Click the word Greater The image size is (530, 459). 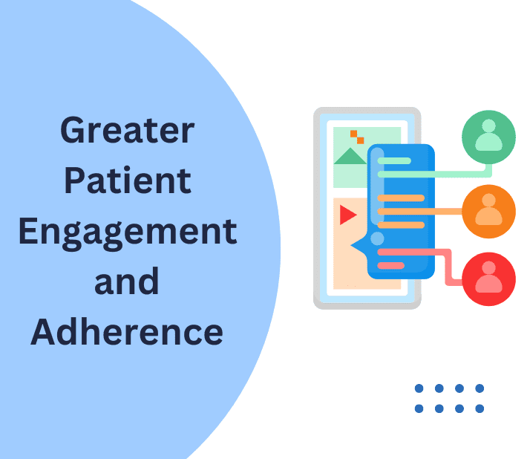pos(127,130)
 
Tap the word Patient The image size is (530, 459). pos(128,180)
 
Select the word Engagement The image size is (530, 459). pos(128,234)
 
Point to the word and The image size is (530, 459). pos(127,281)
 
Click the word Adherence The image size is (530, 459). pos(127,332)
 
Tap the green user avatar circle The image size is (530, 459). pos(488,137)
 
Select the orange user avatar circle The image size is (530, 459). pos(488,212)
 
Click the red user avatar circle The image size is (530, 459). pos(488,279)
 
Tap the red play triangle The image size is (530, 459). pos(347,215)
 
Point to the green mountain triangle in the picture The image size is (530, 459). pos(350,156)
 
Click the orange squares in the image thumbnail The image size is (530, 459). pos(357,137)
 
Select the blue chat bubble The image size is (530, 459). pos(396,212)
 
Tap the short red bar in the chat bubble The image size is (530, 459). pos(390,266)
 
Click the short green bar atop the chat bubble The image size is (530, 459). pos(394,160)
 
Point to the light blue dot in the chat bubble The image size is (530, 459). pos(377,238)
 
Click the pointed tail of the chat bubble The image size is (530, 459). pos(351,245)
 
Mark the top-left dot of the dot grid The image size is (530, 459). pos(419,388)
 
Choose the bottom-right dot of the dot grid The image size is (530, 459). pos(480,408)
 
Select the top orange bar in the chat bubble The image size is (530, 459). pos(401,198)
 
